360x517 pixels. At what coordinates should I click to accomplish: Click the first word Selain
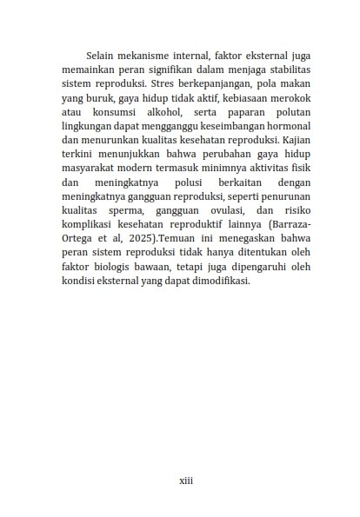point(104,54)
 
